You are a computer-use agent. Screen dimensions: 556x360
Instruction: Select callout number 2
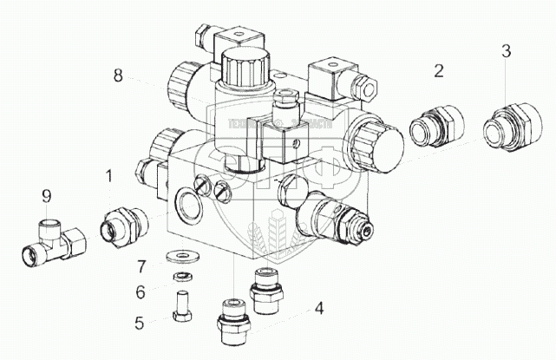click(439, 71)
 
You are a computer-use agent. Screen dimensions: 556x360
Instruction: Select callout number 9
click(46, 197)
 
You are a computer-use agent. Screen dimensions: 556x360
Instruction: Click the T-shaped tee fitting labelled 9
click(52, 242)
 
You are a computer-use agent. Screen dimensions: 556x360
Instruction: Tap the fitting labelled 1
click(122, 226)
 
